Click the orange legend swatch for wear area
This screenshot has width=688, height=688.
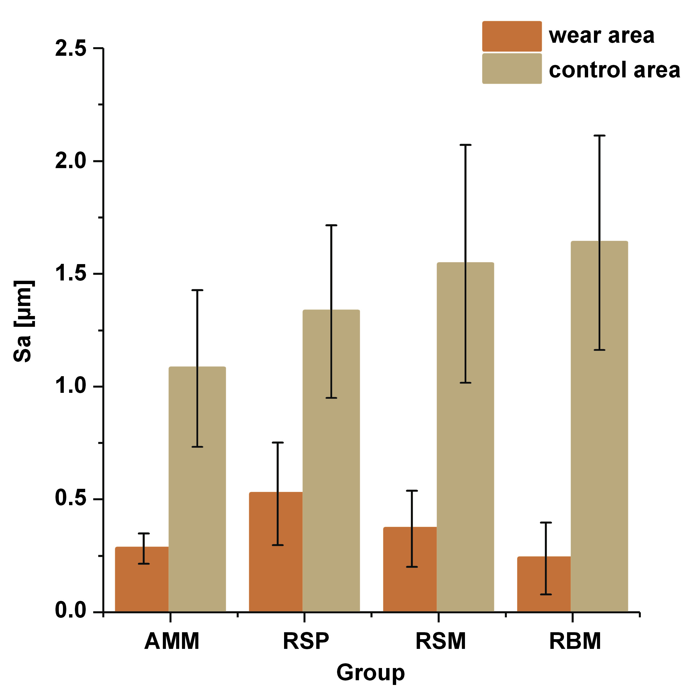[x=512, y=36]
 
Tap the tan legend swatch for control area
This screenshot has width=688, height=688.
[x=512, y=69]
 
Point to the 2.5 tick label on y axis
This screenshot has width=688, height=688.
[x=71, y=49]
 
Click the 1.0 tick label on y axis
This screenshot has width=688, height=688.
[x=71, y=386]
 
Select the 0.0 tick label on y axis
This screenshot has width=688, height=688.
[x=71, y=611]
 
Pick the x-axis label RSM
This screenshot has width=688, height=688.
[x=441, y=641]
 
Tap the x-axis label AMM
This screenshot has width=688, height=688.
[x=172, y=641]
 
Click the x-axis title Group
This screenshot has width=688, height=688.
[x=370, y=672]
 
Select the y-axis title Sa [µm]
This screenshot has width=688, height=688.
[x=23, y=321]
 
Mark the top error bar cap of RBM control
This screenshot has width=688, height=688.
[x=599, y=136]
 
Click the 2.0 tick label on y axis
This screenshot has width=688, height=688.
[x=71, y=161]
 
